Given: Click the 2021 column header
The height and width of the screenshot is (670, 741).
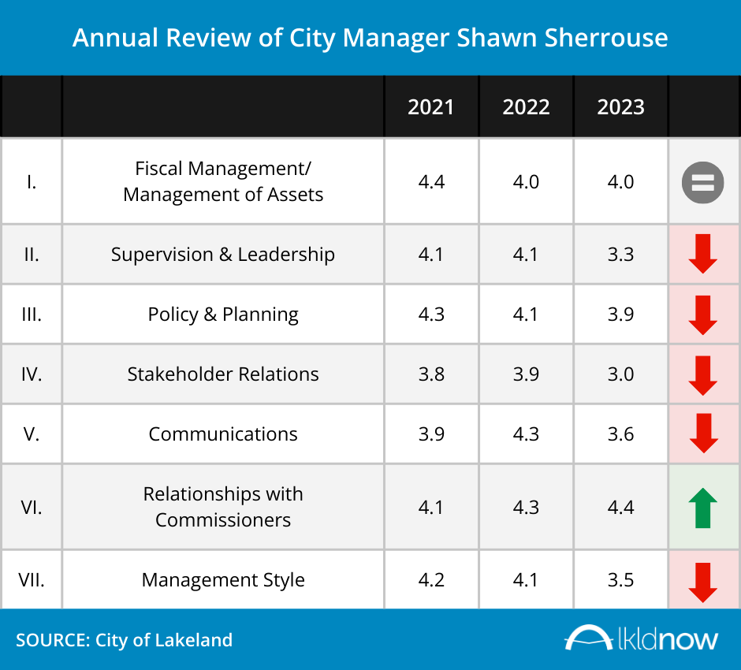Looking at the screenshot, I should click(x=431, y=107).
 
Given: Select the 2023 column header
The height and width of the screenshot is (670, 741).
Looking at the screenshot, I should click(x=620, y=107).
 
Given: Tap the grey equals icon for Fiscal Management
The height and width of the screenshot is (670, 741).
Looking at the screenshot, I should click(x=702, y=182).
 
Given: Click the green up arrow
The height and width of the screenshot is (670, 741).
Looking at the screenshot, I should click(x=702, y=508).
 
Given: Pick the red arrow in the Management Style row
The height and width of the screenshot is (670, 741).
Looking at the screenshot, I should click(x=702, y=582).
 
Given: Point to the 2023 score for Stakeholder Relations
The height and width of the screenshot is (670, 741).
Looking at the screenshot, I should click(x=620, y=374).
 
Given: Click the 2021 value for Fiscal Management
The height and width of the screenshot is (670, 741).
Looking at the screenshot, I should click(x=431, y=182).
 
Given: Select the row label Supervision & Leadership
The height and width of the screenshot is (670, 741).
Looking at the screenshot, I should click(x=223, y=255).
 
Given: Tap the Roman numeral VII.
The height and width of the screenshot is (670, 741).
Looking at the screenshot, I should click(x=32, y=580).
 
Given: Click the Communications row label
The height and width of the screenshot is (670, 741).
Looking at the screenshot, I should click(x=223, y=434).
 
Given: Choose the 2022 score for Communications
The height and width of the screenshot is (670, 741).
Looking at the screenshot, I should click(x=526, y=434).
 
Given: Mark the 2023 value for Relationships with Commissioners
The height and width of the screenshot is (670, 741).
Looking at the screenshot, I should click(x=620, y=507).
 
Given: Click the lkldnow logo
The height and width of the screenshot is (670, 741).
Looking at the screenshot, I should click(x=642, y=638).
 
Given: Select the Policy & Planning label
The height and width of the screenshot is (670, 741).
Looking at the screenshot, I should click(x=223, y=315).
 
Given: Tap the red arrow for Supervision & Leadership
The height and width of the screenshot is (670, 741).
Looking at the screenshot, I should click(x=702, y=255).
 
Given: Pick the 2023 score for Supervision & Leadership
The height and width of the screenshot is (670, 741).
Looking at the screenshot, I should click(x=620, y=255).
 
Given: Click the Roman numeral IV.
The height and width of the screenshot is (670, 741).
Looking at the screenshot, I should click(x=32, y=374).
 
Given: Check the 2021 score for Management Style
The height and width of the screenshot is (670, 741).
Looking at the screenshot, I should click(x=431, y=580).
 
